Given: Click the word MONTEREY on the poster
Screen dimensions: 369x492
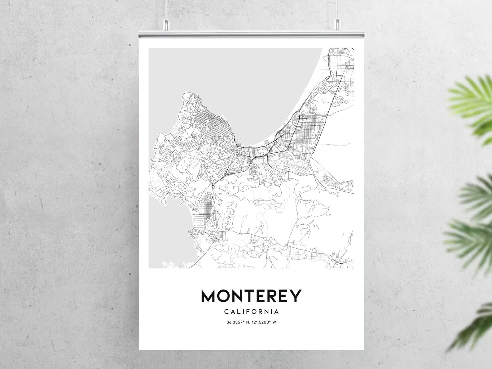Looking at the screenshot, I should click(x=251, y=296).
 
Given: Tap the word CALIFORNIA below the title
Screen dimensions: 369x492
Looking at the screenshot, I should click(x=251, y=311).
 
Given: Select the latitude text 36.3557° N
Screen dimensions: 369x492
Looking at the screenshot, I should click(x=238, y=322).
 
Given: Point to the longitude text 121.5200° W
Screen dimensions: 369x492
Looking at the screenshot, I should click(x=264, y=322).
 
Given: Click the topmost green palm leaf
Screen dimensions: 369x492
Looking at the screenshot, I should click(x=471, y=99).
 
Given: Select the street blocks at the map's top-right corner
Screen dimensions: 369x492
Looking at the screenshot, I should click(x=342, y=59).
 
